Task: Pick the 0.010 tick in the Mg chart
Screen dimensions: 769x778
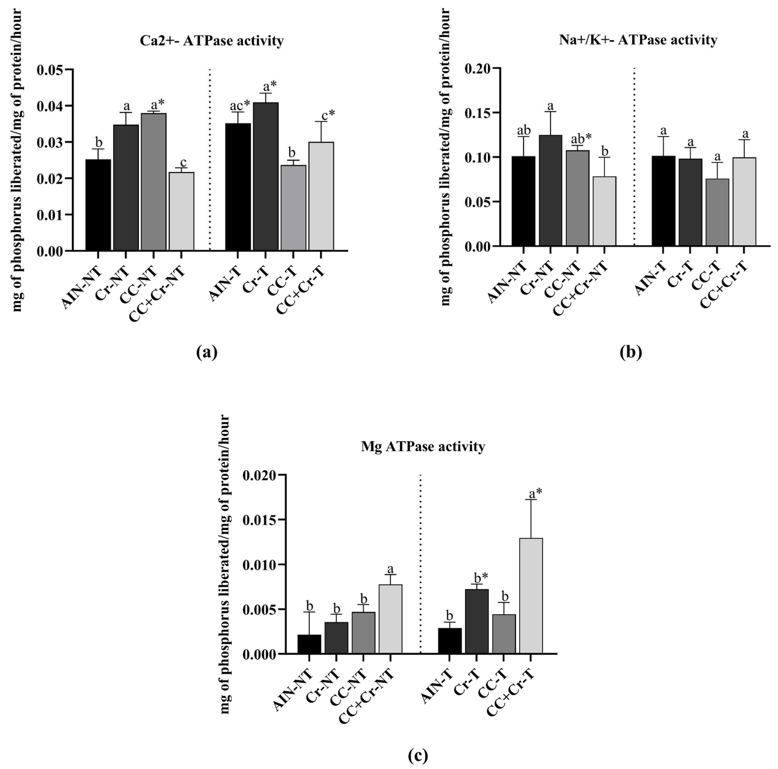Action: click(259, 565)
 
